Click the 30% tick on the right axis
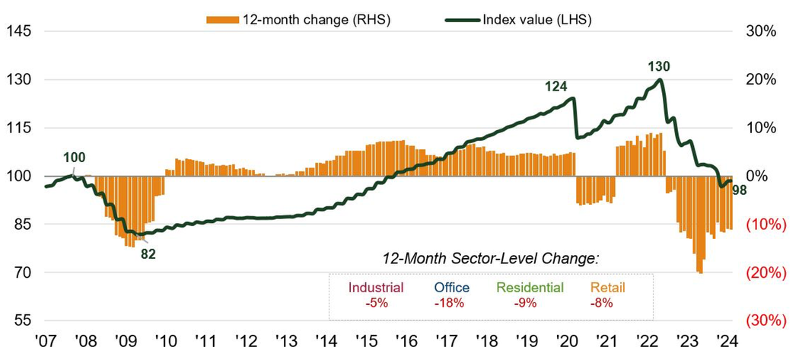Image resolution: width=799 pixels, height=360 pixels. coord(760,31)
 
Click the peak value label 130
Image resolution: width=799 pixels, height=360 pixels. coord(659,67)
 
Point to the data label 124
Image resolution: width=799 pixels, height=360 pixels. coord(556,87)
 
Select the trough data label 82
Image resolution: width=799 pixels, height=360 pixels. coord(148,253)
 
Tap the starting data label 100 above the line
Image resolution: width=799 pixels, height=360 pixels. coord(74,158)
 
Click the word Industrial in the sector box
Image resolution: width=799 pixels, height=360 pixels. coord(376,288)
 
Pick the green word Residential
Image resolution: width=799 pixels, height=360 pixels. coord(530,288)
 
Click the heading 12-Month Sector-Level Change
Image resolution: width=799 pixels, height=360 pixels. coord(490,259)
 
